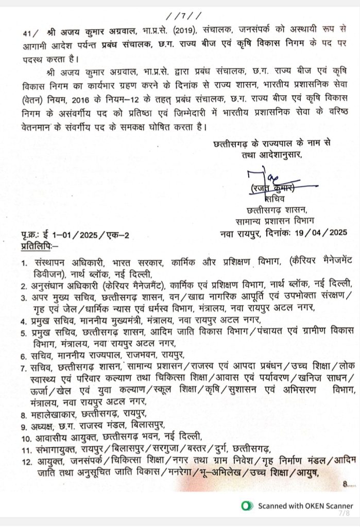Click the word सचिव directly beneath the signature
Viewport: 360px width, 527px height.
click(x=278, y=198)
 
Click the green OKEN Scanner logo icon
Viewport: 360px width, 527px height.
click(x=248, y=506)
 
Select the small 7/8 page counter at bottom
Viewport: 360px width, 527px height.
click(x=343, y=514)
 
